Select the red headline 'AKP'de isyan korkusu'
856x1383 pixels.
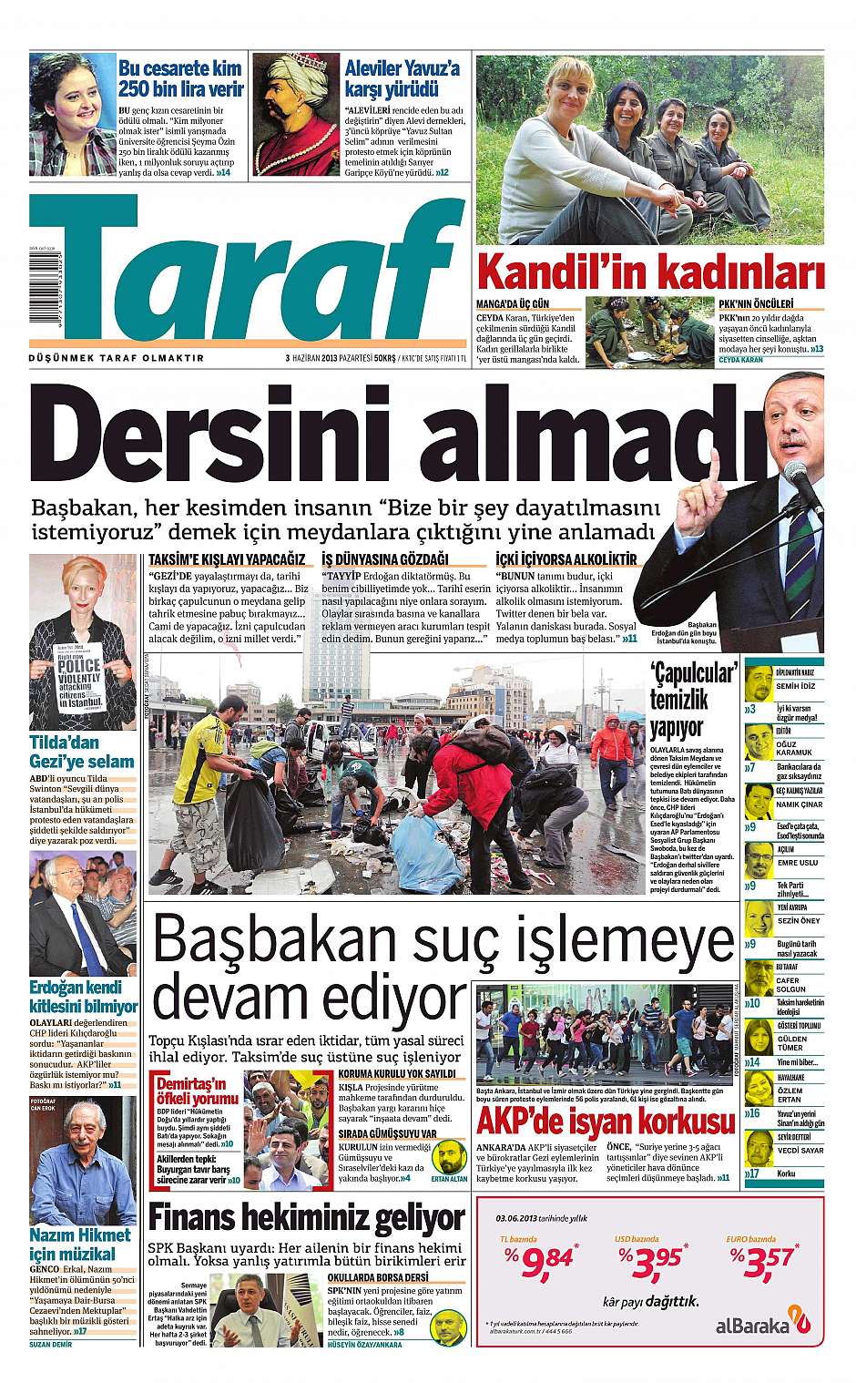coord(605,1120)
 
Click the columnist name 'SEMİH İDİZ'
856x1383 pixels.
coord(794,685)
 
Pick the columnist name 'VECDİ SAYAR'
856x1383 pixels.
coord(799,1151)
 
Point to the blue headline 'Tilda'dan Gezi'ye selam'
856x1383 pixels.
coord(82,752)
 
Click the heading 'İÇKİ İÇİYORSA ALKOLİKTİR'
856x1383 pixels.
coord(566,559)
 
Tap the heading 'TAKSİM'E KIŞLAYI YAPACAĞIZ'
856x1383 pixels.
coord(227,559)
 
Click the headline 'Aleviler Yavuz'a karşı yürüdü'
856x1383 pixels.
coord(403,78)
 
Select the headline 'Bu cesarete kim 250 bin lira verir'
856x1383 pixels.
coord(180,78)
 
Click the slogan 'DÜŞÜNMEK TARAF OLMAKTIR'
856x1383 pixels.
coord(117,358)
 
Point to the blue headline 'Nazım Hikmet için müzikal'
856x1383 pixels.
coord(80,1245)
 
